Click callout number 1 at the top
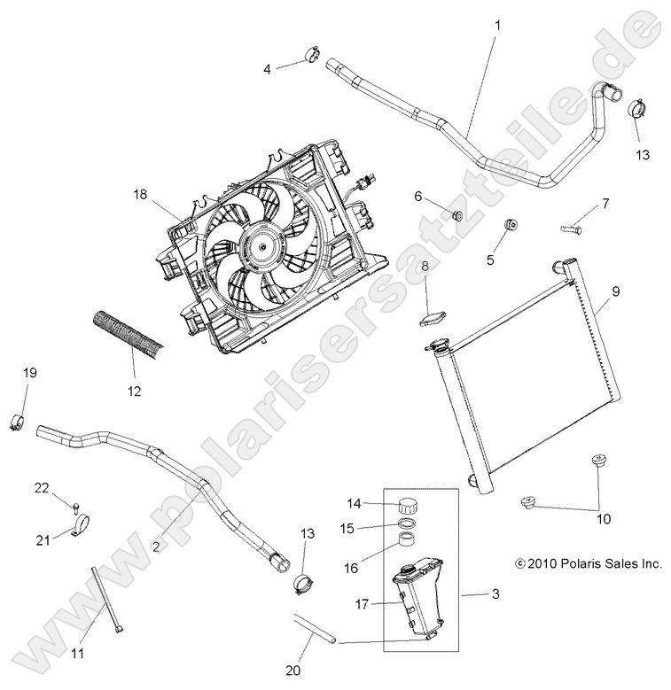496,25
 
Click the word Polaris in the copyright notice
577,562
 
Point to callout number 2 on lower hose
156,547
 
